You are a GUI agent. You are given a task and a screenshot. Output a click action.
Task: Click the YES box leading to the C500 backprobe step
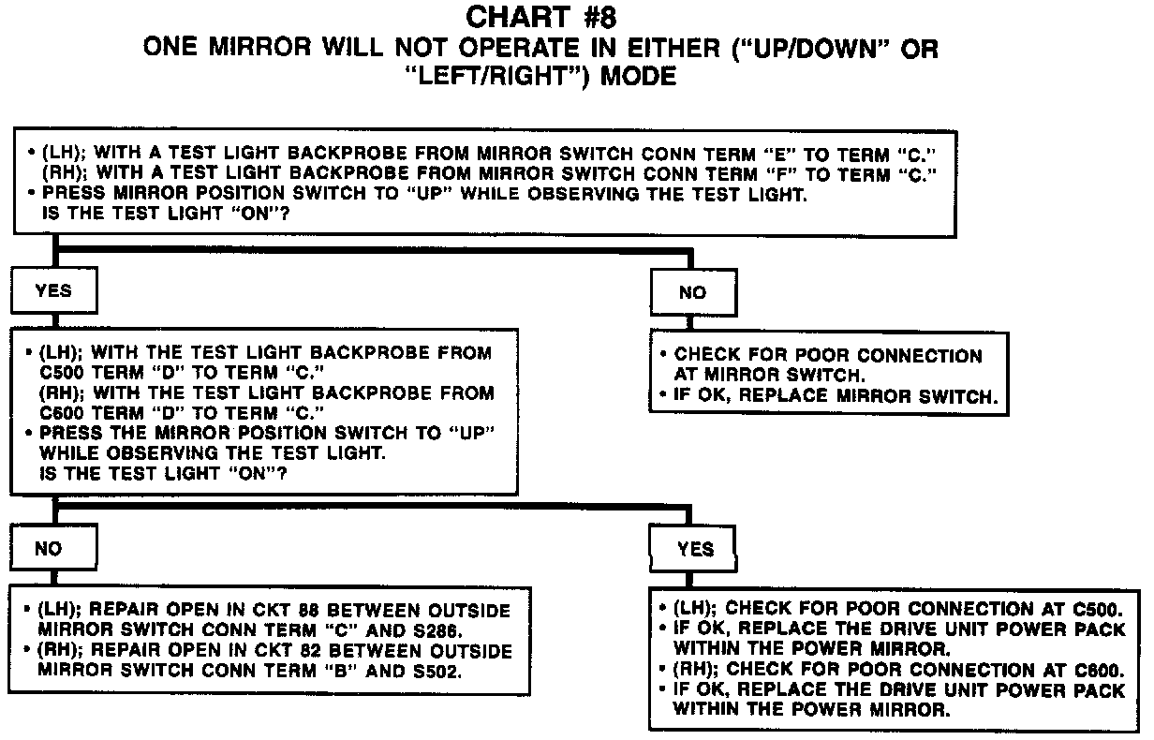(53, 291)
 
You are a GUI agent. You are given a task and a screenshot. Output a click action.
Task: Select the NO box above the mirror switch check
(692, 292)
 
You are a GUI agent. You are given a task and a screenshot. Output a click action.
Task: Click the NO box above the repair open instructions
(48, 550)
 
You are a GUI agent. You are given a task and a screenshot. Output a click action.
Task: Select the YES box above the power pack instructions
(695, 550)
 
